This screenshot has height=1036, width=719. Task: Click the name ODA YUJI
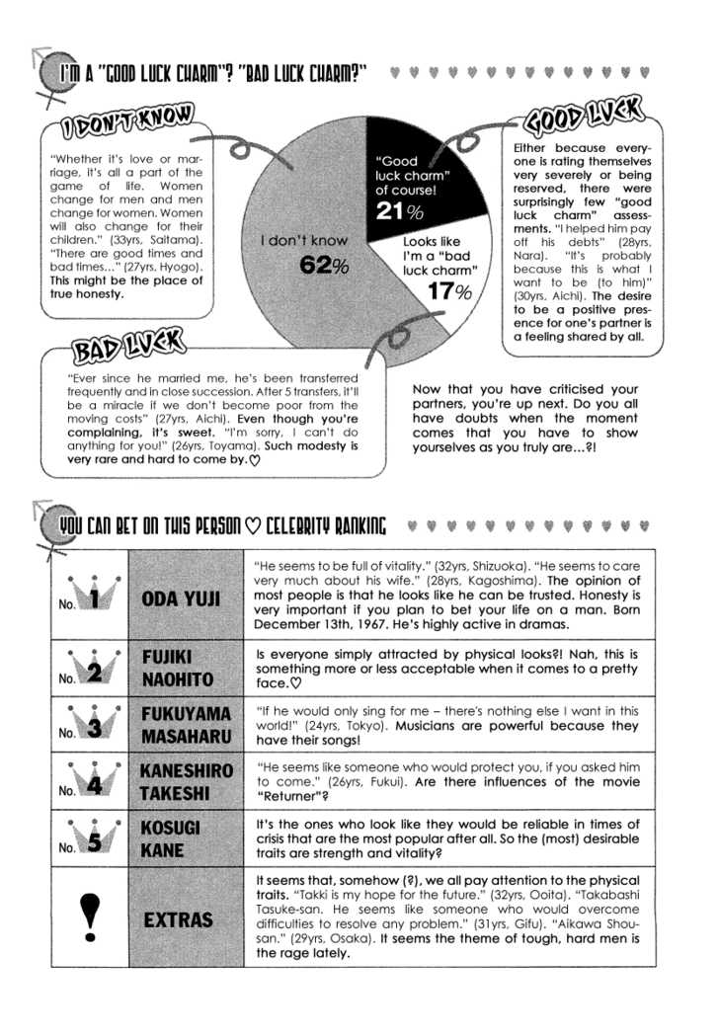pyautogui.click(x=182, y=598)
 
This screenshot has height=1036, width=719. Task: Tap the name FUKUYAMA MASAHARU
pyautogui.click(x=187, y=724)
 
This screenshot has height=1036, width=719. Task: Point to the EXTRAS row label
pyautogui.click(x=178, y=919)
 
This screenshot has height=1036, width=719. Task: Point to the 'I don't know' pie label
pyautogui.click(x=304, y=240)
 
